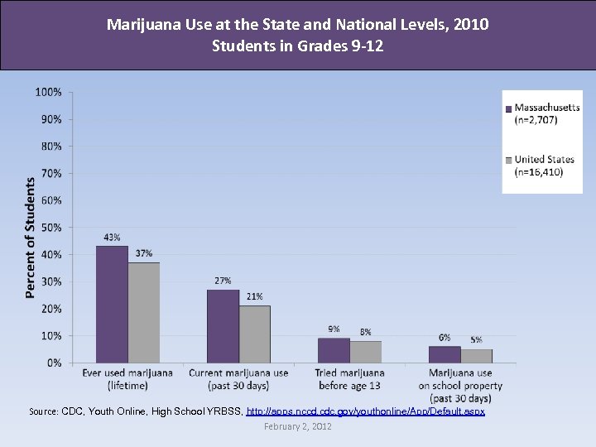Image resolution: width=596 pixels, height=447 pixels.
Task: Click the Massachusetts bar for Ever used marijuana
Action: [x=112, y=305]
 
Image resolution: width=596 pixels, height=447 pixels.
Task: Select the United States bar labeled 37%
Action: [x=143, y=313]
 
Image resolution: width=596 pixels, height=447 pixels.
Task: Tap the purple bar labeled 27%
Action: [x=223, y=326]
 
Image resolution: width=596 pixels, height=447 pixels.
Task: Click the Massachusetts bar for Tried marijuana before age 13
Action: [x=334, y=350]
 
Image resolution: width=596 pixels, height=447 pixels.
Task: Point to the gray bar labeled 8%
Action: [x=365, y=352]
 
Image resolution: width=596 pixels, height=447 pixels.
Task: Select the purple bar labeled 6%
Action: [x=445, y=354]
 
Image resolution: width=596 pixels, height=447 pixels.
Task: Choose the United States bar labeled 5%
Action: [x=476, y=356]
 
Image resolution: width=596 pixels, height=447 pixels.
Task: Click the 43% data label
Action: [x=112, y=237]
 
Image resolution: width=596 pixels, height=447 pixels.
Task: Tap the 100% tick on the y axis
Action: [x=48, y=92]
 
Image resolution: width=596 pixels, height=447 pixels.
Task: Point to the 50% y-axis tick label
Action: [x=50, y=228]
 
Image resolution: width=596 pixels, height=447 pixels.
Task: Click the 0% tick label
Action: [x=54, y=363]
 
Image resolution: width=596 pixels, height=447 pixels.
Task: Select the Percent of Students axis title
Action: [x=30, y=237]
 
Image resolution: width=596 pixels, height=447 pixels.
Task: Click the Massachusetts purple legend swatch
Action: [x=508, y=108]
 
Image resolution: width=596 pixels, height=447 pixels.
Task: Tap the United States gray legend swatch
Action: [x=508, y=160]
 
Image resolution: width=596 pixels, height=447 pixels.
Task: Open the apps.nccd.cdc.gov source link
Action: [x=365, y=411]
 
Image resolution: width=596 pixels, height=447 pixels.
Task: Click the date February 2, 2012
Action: [x=297, y=426]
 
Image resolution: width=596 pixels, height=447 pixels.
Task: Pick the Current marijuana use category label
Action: [x=238, y=379]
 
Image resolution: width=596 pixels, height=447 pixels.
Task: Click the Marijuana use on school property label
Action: [x=460, y=386]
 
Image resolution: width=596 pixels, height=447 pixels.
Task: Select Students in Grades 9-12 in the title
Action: [x=297, y=46]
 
